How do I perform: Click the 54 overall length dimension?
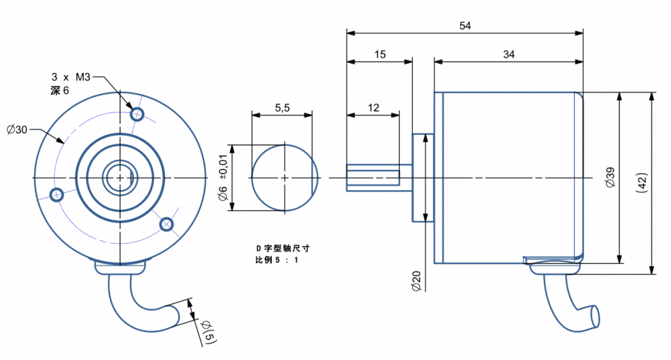coord(465,26)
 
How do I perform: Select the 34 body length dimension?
coord(508,55)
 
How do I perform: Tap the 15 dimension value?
coord(380,55)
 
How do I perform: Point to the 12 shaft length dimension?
coord(374,108)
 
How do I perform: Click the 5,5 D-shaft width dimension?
coord(282,108)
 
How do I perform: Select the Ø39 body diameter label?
coord(611,178)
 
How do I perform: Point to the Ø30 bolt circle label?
coord(18,129)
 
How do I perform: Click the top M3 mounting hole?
coord(138,114)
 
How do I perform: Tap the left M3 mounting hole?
coord(57,194)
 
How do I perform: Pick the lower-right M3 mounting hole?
coord(167,224)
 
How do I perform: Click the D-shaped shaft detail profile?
coord(284,178)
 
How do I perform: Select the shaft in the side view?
coord(373,178)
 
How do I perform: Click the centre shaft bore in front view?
coord(120,177)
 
